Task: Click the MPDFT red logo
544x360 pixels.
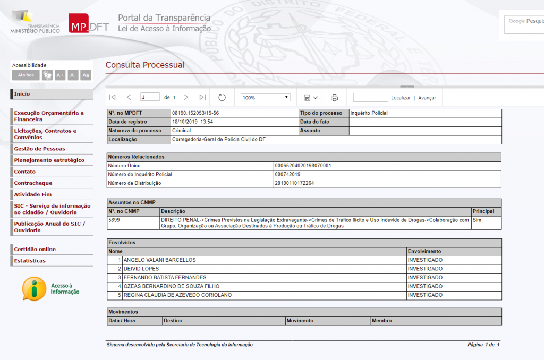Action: pyautogui.click(x=88, y=24)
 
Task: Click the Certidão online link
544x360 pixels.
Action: pyautogui.click(x=35, y=250)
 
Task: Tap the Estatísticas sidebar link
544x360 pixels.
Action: pyautogui.click(x=30, y=261)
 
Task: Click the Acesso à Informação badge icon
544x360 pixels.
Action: pyautogui.click(x=35, y=289)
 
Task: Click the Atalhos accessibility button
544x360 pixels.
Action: pyautogui.click(x=25, y=75)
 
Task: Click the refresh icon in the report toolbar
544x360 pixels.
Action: pyautogui.click(x=222, y=98)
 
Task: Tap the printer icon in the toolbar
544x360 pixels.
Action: pyautogui.click(x=334, y=98)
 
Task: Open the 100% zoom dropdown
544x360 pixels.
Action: pyautogui.click(x=265, y=98)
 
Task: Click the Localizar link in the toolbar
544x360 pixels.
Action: pyautogui.click(x=401, y=98)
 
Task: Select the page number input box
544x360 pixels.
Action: pyautogui.click(x=150, y=97)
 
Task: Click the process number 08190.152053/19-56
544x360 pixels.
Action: pyautogui.click(x=195, y=113)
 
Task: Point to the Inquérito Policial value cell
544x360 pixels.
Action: pyautogui.click(x=369, y=113)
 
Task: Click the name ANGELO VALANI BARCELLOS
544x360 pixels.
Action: pyautogui.click(x=159, y=260)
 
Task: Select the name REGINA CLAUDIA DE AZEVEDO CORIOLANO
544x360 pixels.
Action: pyautogui.click(x=177, y=295)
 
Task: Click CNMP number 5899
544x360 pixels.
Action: pyautogui.click(x=114, y=220)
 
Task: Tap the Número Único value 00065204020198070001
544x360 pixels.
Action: pyautogui.click(x=303, y=166)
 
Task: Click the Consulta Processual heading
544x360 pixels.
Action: pyautogui.click(x=145, y=65)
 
